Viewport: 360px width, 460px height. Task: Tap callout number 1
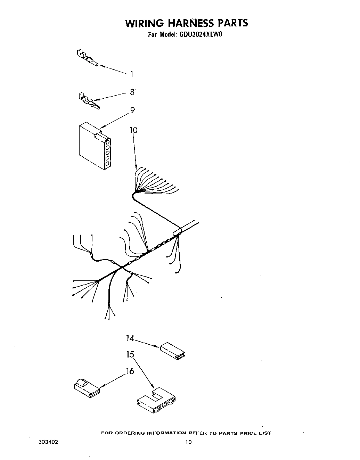pos(132,74)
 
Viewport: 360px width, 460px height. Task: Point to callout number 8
pos(132,92)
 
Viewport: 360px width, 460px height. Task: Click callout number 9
pos(132,110)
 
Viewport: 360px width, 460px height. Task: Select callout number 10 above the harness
pos(133,130)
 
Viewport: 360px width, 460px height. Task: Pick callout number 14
pos(130,338)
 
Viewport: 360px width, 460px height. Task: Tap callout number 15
pos(130,355)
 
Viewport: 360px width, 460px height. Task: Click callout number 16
pos(130,371)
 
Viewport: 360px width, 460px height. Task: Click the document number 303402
pos(48,442)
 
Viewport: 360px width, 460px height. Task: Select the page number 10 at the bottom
pos(188,442)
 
